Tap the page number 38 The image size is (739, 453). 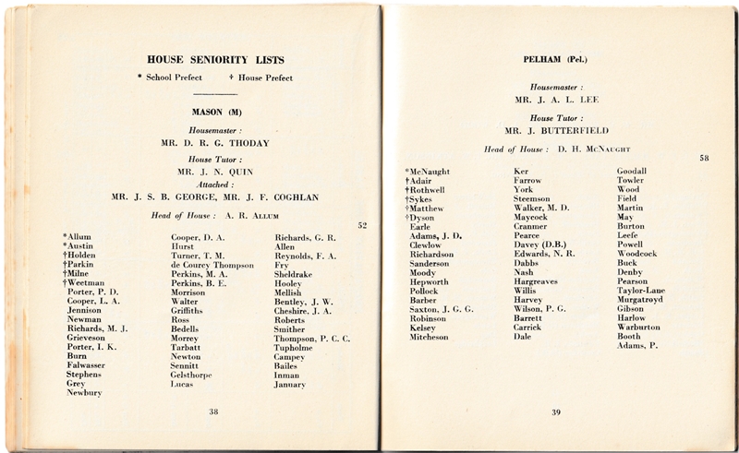(213, 412)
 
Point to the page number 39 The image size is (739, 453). (556, 411)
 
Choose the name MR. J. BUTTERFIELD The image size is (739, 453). (554, 129)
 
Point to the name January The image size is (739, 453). (290, 384)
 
